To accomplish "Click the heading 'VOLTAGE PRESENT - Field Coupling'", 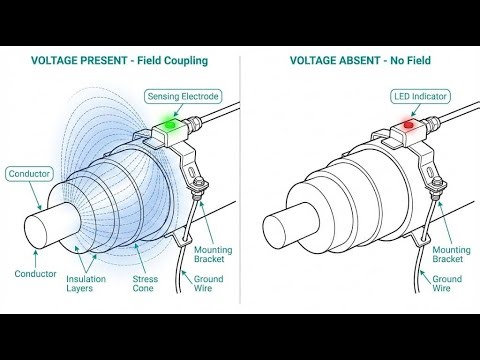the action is (x=119, y=60).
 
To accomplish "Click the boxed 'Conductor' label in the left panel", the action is (x=29, y=174).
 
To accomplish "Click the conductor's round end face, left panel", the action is (x=42, y=225).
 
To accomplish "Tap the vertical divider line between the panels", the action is (x=241, y=180).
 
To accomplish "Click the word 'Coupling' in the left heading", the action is (x=187, y=60).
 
